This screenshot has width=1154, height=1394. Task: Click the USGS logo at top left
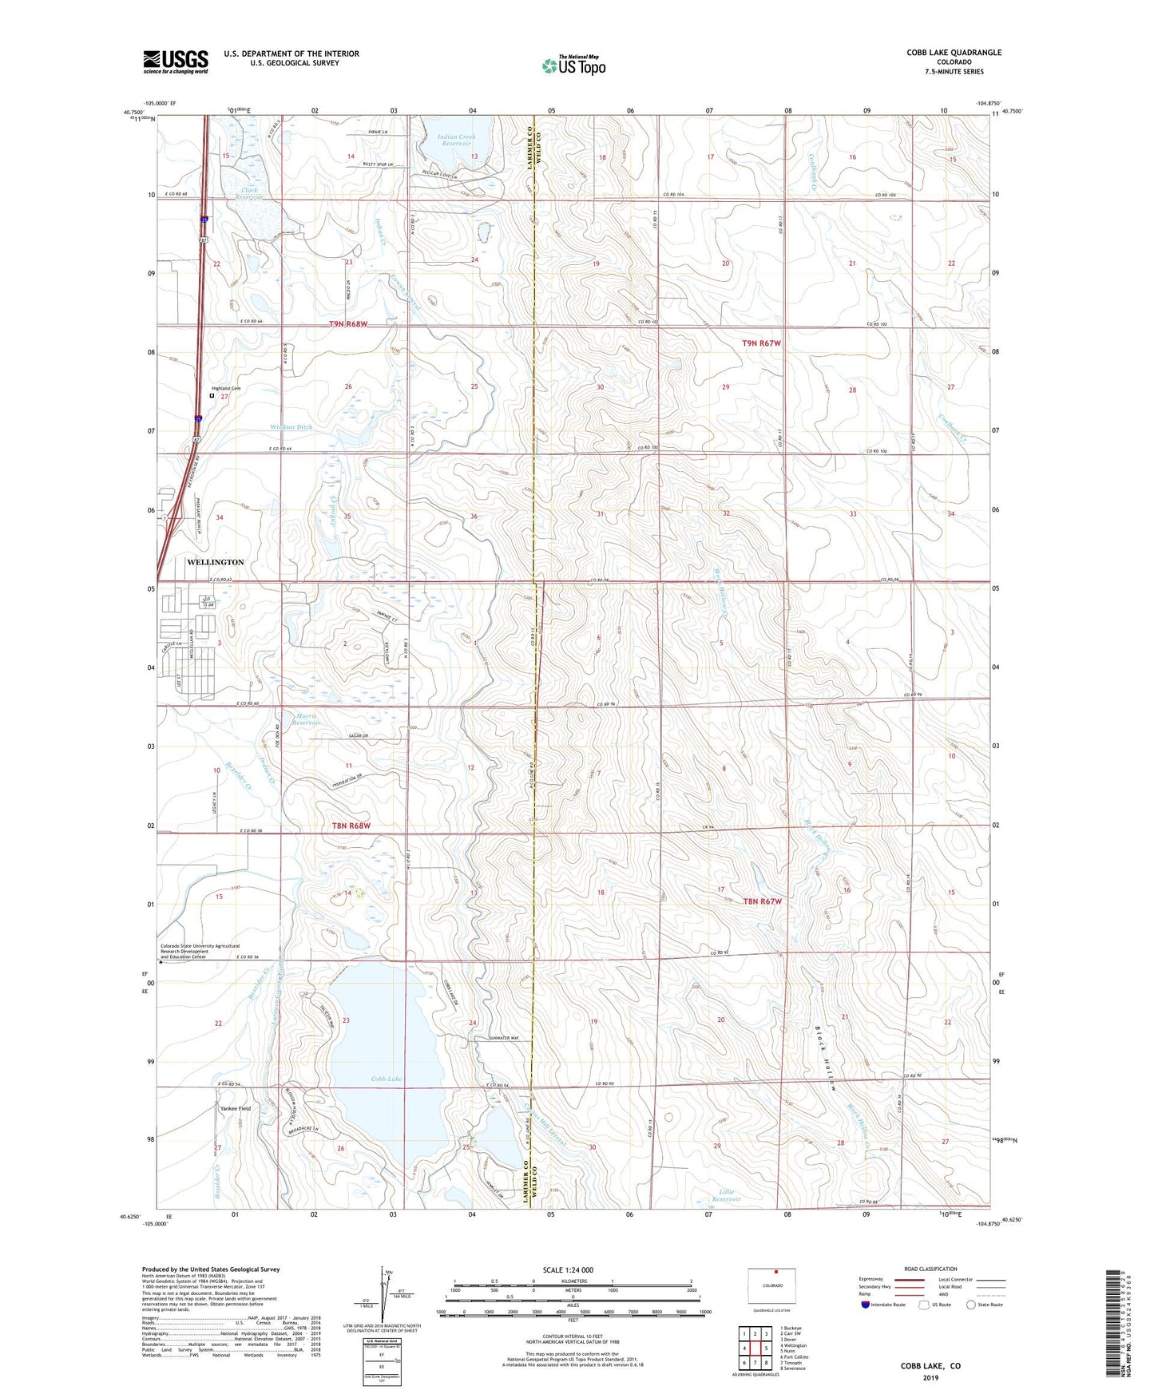(176, 61)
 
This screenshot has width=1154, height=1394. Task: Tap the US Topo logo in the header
(573, 65)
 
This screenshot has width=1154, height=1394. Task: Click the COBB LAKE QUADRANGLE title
(954, 53)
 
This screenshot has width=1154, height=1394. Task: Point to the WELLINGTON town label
(215, 562)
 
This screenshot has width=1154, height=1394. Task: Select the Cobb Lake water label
(387, 1079)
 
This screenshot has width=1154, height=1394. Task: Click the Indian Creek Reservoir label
(456, 141)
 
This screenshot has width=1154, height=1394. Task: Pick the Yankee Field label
(236, 1109)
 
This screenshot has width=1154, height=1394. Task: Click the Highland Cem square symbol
(212, 395)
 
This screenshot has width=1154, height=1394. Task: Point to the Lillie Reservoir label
(726, 1195)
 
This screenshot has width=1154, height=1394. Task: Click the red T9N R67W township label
(761, 343)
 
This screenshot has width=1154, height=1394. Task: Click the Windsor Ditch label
(291, 427)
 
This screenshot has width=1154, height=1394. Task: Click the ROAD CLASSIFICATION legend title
(930, 1269)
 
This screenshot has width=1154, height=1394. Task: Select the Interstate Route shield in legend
(866, 1305)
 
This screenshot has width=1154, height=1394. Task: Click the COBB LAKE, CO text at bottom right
(930, 1366)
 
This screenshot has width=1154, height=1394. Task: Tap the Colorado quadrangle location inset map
(772, 1285)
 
